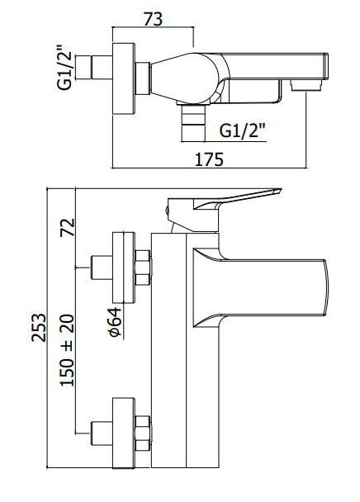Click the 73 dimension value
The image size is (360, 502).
click(153, 19)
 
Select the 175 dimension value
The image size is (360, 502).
click(209, 159)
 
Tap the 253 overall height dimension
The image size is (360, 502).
click(39, 328)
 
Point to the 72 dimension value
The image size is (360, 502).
click(67, 227)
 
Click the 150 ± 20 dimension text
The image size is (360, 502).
click(67, 350)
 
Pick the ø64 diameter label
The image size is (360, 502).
click(115, 322)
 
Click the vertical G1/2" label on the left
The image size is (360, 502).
click(64, 69)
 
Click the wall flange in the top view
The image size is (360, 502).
click(125, 78)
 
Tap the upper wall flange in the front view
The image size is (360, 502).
click(124, 268)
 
